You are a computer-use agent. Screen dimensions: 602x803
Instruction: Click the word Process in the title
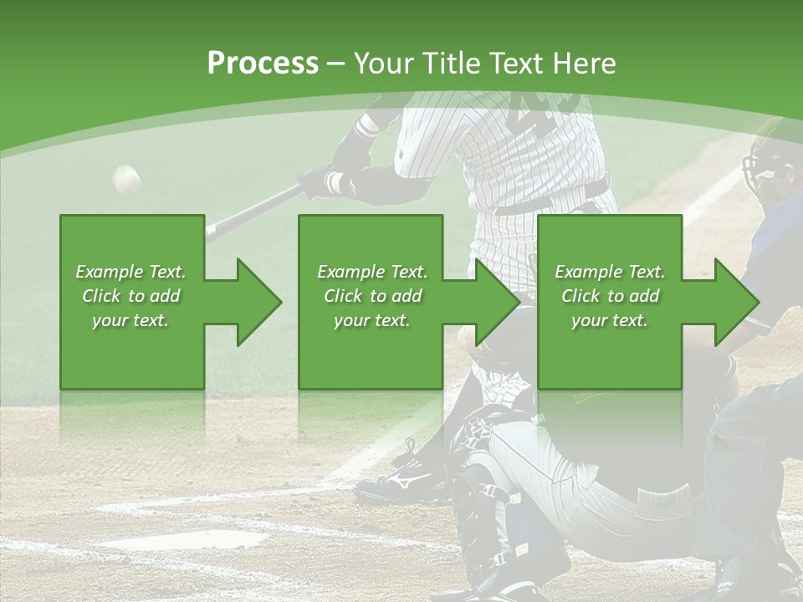pos(263,64)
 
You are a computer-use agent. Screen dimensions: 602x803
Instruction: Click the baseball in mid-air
pos(126,179)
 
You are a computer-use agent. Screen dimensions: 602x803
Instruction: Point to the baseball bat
pos(251,209)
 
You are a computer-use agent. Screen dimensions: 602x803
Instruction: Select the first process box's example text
pos(130,296)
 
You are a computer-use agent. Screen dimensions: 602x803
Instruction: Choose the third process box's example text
pos(610,296)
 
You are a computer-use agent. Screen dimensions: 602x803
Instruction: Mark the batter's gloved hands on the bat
pos(322,181)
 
